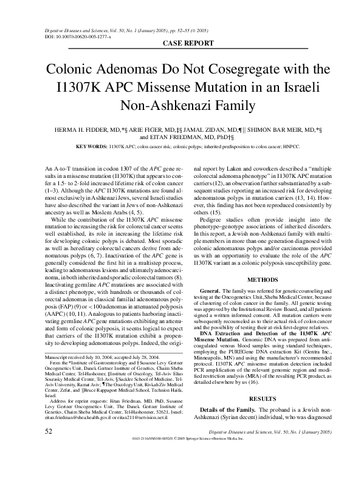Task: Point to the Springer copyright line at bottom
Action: (201, 472)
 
